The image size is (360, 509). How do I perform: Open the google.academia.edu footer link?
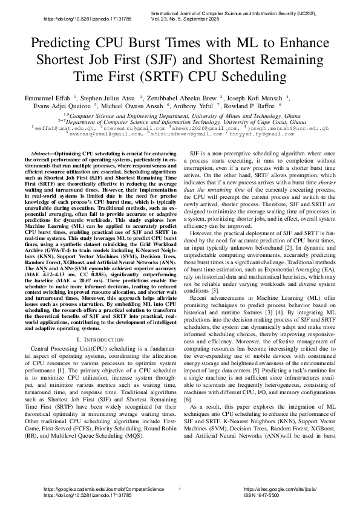click(x=103, y=488)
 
